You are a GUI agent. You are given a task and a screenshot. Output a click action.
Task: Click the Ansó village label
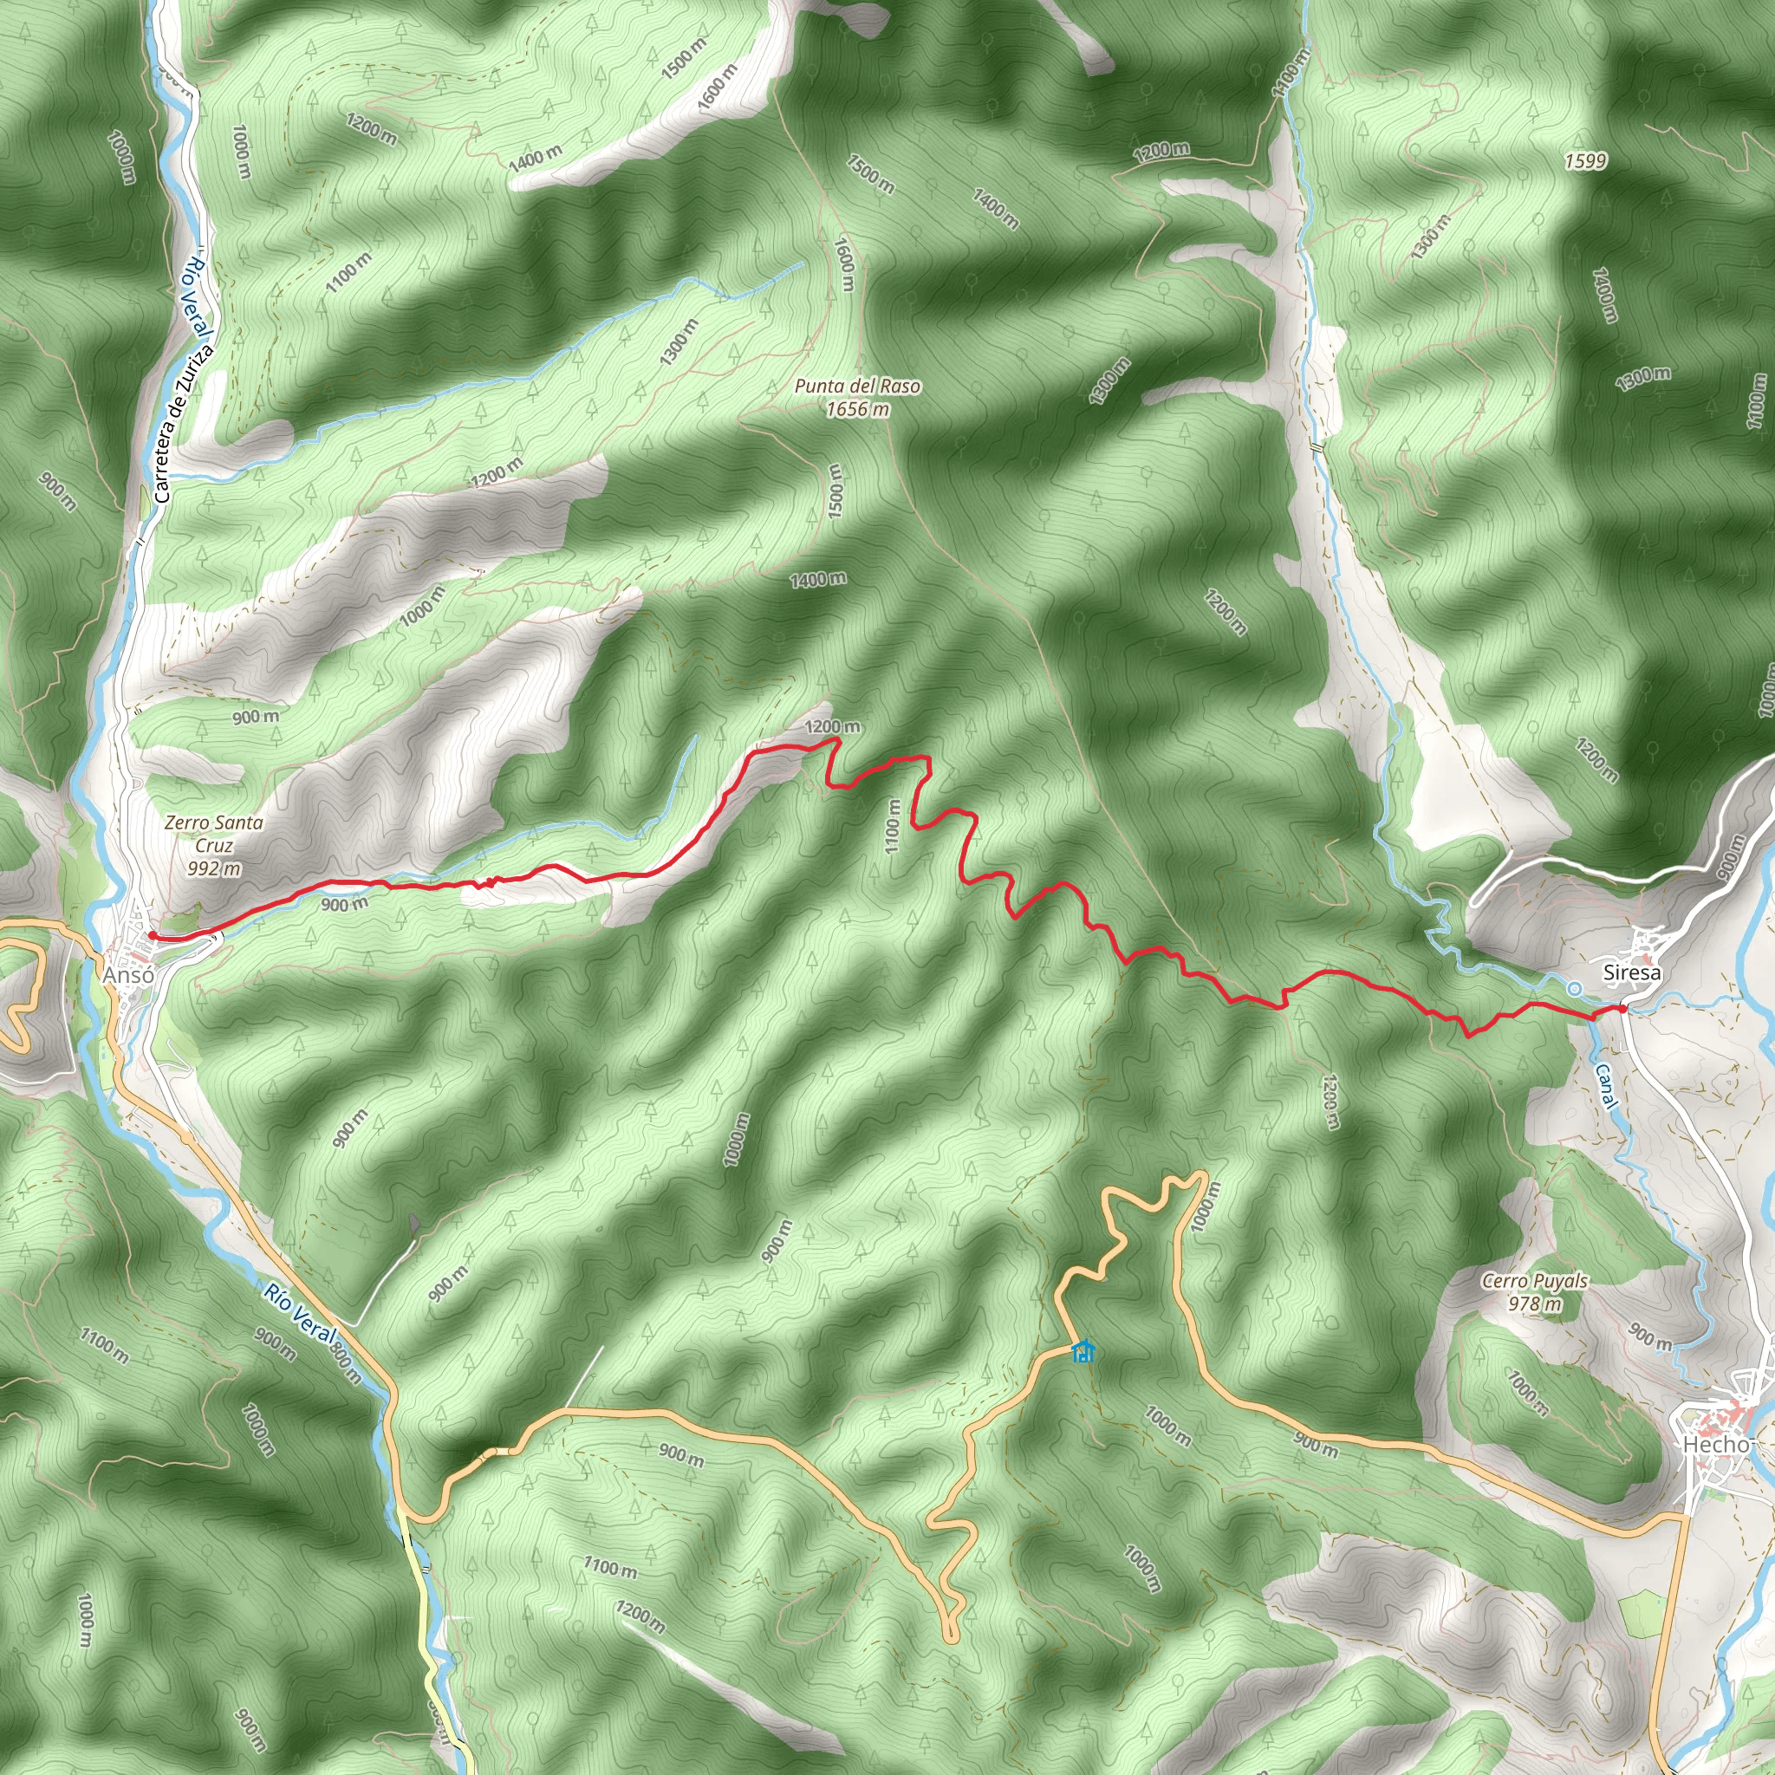[x=128, y=975]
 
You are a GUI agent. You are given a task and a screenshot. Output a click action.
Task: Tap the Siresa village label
[x=1631, y=972]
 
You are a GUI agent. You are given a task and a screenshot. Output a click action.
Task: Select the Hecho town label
[x=1716, y=1443]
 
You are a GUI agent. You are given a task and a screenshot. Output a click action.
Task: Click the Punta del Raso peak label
[x=857, y=387]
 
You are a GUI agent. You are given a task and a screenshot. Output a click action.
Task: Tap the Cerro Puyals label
[x=1534, y=1281]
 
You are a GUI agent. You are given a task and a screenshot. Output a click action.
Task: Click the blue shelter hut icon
[x=1084, y=1350]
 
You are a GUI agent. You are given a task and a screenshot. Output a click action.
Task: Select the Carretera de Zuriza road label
[x=184, y=424]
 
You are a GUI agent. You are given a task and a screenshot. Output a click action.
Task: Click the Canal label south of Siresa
[x=1605, y=1087]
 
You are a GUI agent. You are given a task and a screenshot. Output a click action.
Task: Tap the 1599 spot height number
[x=1586, y=162]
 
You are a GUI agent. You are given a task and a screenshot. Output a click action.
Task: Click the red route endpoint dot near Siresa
[x=1623, y=1009]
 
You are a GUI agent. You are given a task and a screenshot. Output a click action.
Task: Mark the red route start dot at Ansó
[x=152, y=936]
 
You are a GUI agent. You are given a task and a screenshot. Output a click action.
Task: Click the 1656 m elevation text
[x=857, y=410]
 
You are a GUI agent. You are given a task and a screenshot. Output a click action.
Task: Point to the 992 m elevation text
[x=214, y=868]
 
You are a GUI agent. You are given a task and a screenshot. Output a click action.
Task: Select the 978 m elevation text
[x=1534, y=1303]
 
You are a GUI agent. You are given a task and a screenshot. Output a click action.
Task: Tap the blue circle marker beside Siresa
[x=1575, y=989]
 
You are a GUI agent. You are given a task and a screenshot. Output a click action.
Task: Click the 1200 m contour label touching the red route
[x=832, y=726]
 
